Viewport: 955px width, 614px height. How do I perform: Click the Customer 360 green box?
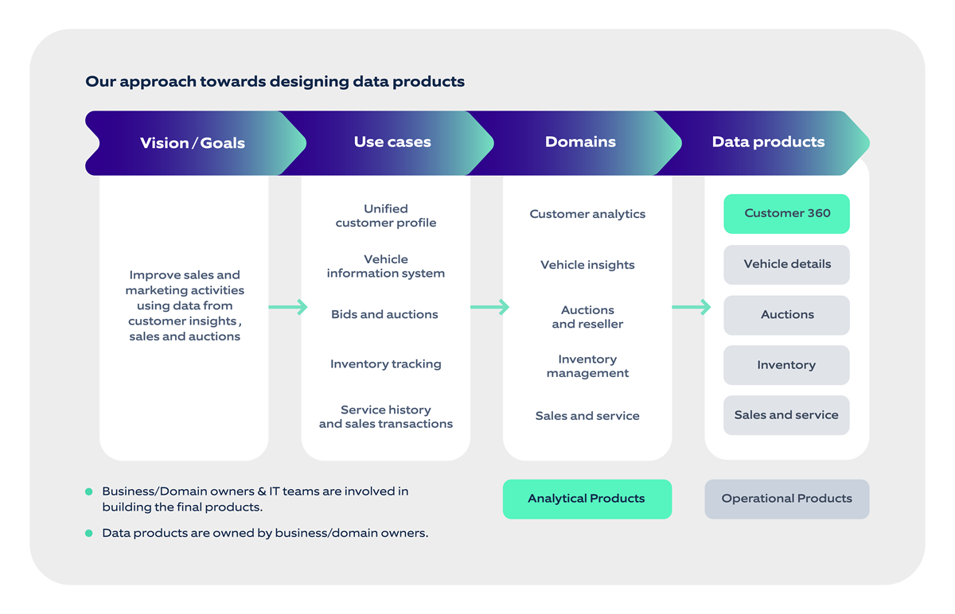[786, 213]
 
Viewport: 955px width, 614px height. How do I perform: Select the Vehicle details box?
[786, 264]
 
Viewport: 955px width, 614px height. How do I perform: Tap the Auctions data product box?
[786, 315]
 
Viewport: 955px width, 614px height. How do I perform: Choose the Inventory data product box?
[786, 365]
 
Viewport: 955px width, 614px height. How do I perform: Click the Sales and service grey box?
[786, 415]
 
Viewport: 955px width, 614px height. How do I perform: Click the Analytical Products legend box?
[587, 499]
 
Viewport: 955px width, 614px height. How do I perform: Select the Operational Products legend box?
[786, 499]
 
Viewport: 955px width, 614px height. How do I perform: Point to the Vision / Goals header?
[193, 143]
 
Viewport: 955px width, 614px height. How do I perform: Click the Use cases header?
[392, 142]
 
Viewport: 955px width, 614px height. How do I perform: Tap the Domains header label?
[580, 142]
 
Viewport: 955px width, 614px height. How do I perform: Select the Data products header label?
[768, 142]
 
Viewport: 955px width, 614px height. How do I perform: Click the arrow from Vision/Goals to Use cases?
[288, 307]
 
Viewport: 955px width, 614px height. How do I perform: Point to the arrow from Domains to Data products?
[692, 307]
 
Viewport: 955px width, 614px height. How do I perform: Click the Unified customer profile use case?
[386, 216]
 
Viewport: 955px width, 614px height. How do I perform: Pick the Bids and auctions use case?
[384, 314]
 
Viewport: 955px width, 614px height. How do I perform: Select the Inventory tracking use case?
[385, 364]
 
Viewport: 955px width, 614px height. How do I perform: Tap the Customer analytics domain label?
[587, 214]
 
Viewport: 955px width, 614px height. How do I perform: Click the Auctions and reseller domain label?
[587, 317]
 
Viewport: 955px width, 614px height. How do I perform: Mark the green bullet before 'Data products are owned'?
[89, 533]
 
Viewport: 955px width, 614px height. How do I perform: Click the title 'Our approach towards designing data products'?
[275, 81]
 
